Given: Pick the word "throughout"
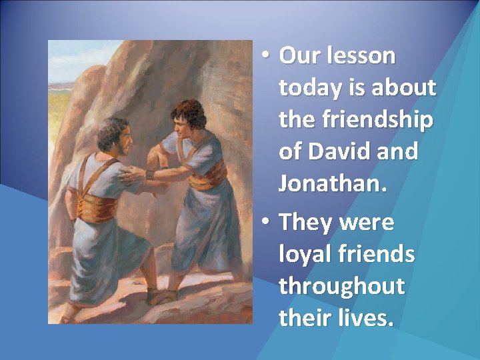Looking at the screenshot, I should pos(342,286).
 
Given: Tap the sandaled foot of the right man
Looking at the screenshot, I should pos(163,296).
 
